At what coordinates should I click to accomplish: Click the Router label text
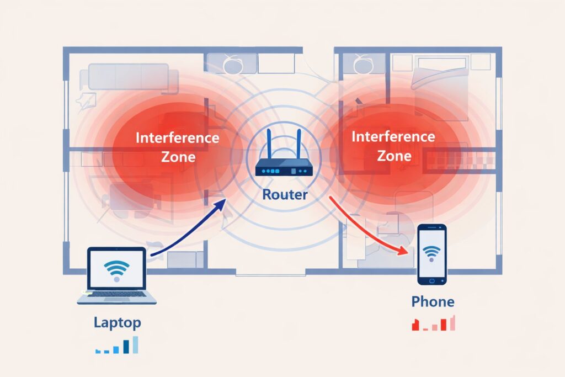point(284,194)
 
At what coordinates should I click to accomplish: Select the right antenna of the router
point(297,143)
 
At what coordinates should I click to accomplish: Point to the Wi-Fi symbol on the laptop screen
point(116,269)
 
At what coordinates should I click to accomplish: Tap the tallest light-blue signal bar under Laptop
point(135,345)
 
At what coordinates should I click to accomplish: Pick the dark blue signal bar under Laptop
point(126,347)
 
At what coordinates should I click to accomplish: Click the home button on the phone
point(431,281)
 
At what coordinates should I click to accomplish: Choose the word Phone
point(433,302)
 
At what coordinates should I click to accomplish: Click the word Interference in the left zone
point(177,137)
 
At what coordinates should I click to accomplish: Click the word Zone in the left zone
point(177,157)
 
